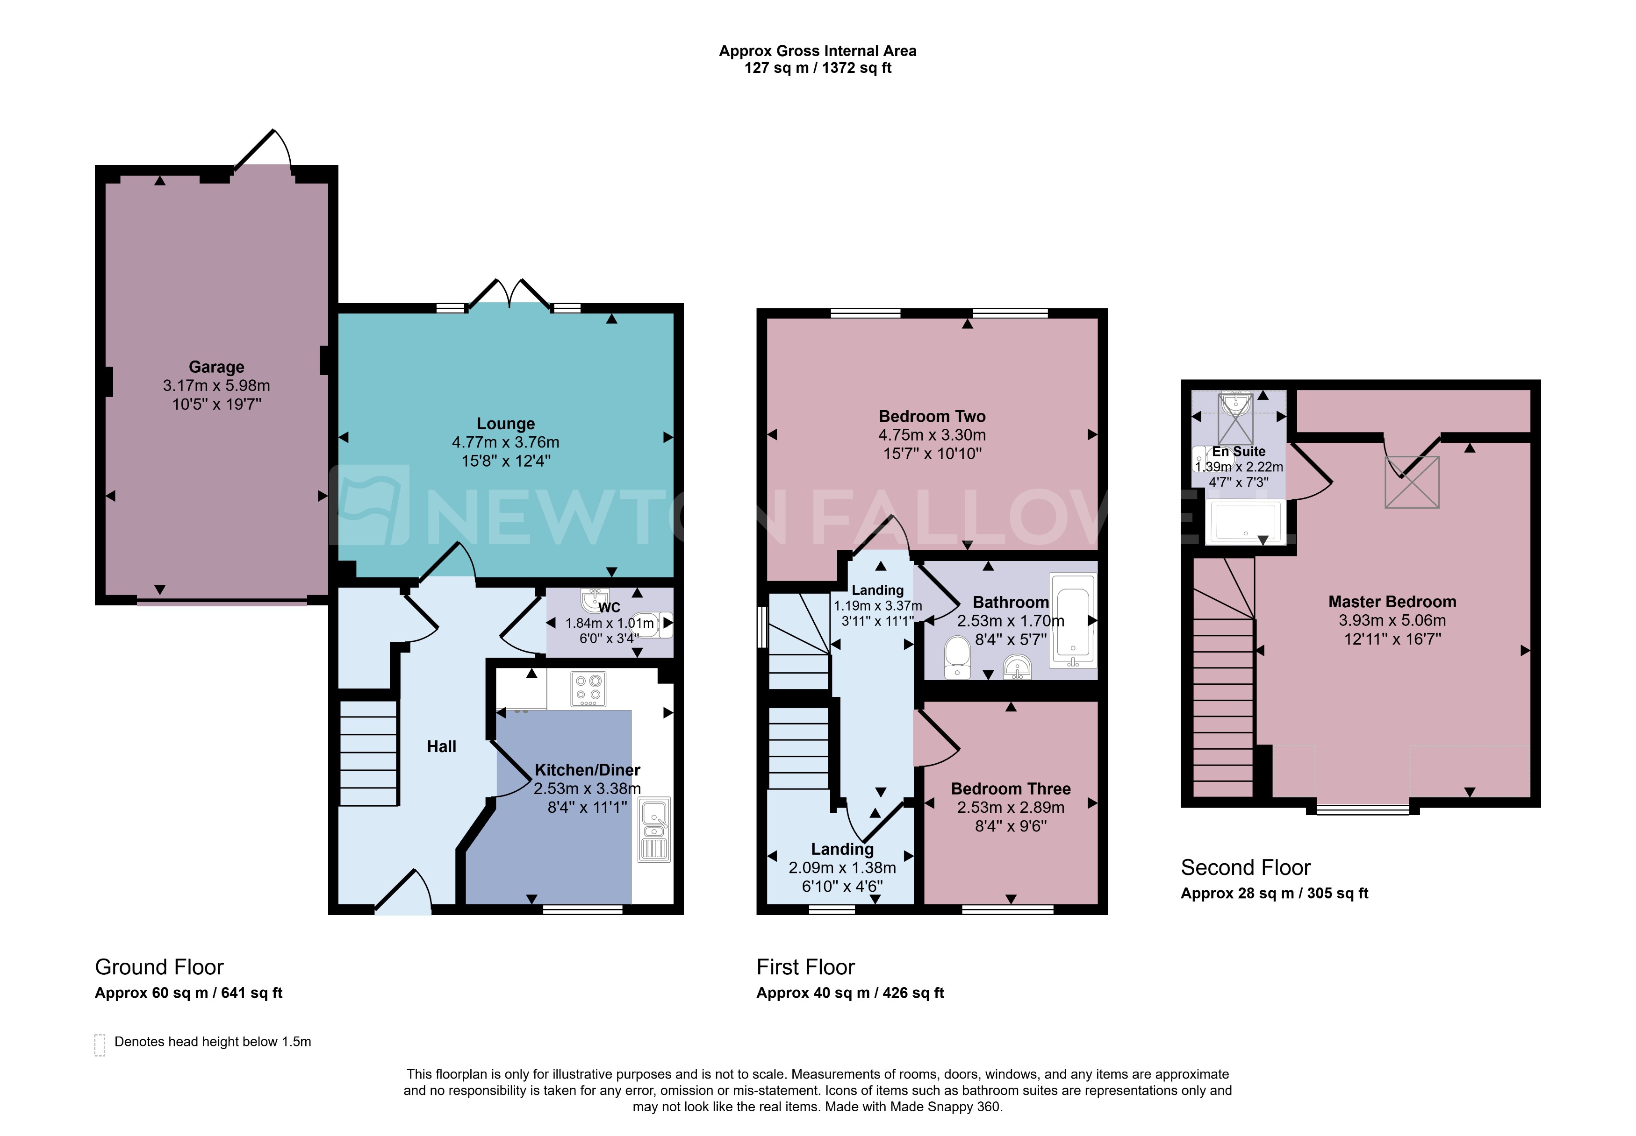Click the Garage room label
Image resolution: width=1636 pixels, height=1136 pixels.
coord(216,367)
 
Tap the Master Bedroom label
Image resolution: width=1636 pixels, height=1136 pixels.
coord(1391,602)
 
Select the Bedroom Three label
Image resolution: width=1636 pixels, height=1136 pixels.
coord(1010,788)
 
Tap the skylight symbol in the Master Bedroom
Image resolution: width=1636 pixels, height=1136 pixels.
coord(1411,482)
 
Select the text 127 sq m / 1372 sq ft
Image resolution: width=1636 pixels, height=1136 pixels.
coord(817,68)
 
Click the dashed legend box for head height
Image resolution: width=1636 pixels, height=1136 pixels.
coord(100,1044)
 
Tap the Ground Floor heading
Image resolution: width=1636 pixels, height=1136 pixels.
coord(159,966)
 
